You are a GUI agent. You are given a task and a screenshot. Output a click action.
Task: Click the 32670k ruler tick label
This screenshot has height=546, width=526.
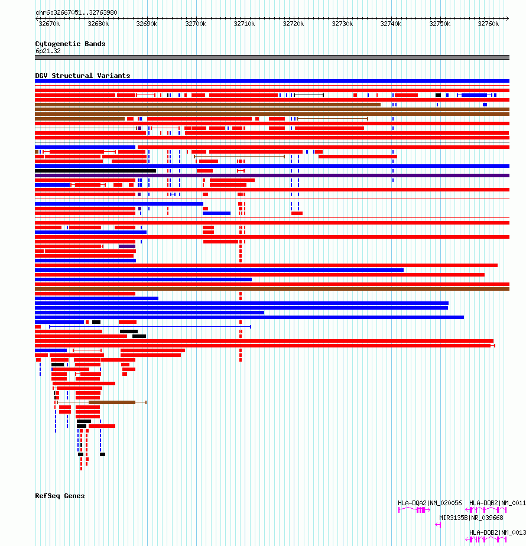tap(49, 24)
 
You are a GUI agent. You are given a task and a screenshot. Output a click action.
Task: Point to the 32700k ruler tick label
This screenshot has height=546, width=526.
tap(196, 24)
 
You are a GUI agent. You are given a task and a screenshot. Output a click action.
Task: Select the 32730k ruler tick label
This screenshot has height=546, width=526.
tap(342, 24)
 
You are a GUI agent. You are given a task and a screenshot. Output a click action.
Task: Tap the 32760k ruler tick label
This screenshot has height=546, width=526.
tap(489, 24)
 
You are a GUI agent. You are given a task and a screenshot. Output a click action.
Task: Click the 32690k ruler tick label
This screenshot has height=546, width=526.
tap(147, 24)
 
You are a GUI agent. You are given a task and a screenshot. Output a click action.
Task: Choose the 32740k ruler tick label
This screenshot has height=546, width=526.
tap(391, 24)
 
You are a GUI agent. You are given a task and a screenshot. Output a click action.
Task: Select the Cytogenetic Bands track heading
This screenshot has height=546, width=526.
tap(70, 44)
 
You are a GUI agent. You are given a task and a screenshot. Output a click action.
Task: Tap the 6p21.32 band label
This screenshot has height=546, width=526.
tap(48, 51)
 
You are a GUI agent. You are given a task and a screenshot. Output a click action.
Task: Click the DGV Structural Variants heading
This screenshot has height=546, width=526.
tap(83, 76)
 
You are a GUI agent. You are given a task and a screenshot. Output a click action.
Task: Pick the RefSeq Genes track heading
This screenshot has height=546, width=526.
tap(60, 496)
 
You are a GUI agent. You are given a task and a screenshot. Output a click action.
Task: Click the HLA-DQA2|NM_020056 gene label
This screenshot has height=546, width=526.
tap(430, 503)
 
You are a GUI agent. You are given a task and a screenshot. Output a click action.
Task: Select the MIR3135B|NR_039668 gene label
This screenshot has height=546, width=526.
tap(471, 518)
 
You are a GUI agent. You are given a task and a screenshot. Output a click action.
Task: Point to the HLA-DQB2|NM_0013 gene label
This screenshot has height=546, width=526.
tap(497, 532)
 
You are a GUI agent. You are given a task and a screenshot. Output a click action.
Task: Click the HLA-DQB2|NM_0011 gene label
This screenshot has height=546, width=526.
tap(497, 503)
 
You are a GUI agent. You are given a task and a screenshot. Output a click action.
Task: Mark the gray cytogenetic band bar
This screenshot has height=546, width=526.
tap(272, 57)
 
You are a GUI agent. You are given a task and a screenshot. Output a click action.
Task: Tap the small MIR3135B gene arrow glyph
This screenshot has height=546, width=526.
tap(438, 524)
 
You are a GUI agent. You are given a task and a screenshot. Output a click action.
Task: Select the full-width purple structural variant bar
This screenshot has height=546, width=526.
tap(272, 175)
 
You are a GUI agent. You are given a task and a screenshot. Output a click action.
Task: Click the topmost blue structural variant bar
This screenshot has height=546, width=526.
tap(272, 81)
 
